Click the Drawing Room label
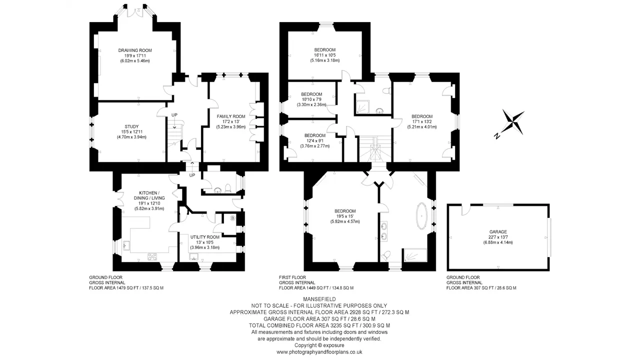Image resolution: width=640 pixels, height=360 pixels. [x=135, y=50]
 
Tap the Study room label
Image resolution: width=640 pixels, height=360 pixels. [x=131, y=126]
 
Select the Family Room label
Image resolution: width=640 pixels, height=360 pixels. [x=231, y=116]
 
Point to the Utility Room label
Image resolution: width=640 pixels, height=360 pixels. [x=205, y=237]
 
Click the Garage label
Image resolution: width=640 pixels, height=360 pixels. [x=498, y=232]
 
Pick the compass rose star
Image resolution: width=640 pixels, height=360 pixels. [x=513, y=122]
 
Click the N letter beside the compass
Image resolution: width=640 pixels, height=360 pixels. [x=497, y=136]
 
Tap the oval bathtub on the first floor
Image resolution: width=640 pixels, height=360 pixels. [x=421, y=216]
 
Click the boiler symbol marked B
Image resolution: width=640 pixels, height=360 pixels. [x=232, y=218]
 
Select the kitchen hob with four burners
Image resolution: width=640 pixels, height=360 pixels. [x=152, y=257]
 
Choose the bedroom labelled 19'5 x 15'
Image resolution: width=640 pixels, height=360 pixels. [x=345, y=216]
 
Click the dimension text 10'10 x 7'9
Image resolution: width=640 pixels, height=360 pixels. [x=311, y=99]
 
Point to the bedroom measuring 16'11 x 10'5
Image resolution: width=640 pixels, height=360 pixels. [x=325, y=55]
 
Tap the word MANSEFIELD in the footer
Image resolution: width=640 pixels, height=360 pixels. [x=319, y=299]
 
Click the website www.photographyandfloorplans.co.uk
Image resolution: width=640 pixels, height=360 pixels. [x=319, y=352]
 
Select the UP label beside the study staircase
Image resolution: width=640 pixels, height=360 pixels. [x=174, y=115]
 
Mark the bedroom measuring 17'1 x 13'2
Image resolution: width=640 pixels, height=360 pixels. [x=421, y=121]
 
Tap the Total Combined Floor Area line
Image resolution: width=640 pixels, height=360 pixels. [x=319, y=325]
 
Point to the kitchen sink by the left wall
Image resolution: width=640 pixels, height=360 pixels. [x=126, y=245]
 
